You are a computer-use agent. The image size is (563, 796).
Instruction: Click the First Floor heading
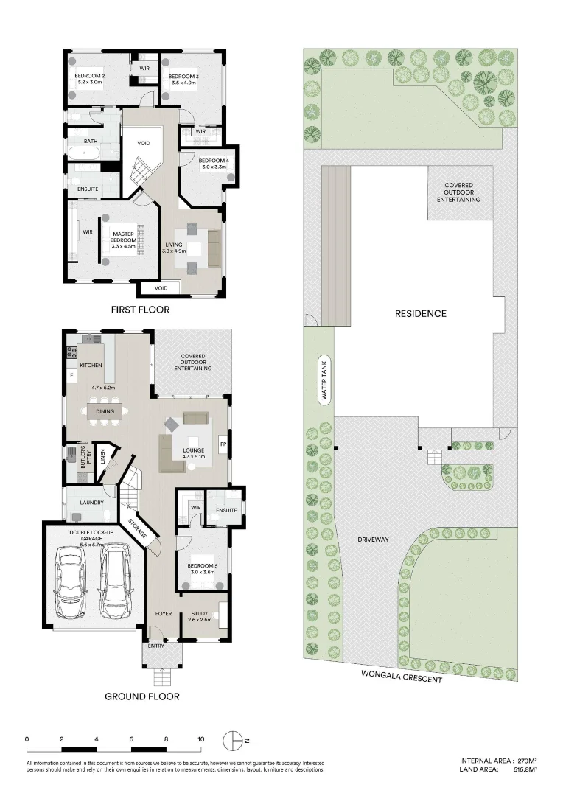140,310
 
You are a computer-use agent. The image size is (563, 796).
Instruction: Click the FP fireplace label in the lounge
222,444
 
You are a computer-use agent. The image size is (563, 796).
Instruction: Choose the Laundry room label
91,503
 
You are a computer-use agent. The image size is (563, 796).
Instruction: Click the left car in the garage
71,584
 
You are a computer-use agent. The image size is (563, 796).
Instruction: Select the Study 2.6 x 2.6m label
200,616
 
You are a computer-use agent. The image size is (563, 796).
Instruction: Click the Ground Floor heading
141,696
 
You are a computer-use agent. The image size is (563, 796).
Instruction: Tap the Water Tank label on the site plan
323,379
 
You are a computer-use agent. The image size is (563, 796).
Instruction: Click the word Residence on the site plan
421,313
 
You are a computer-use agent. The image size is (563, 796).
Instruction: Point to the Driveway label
373,540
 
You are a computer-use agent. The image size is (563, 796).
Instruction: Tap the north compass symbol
233,739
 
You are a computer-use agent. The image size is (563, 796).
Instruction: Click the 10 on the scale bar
200,739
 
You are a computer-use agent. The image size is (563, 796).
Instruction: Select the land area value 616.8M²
518,769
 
